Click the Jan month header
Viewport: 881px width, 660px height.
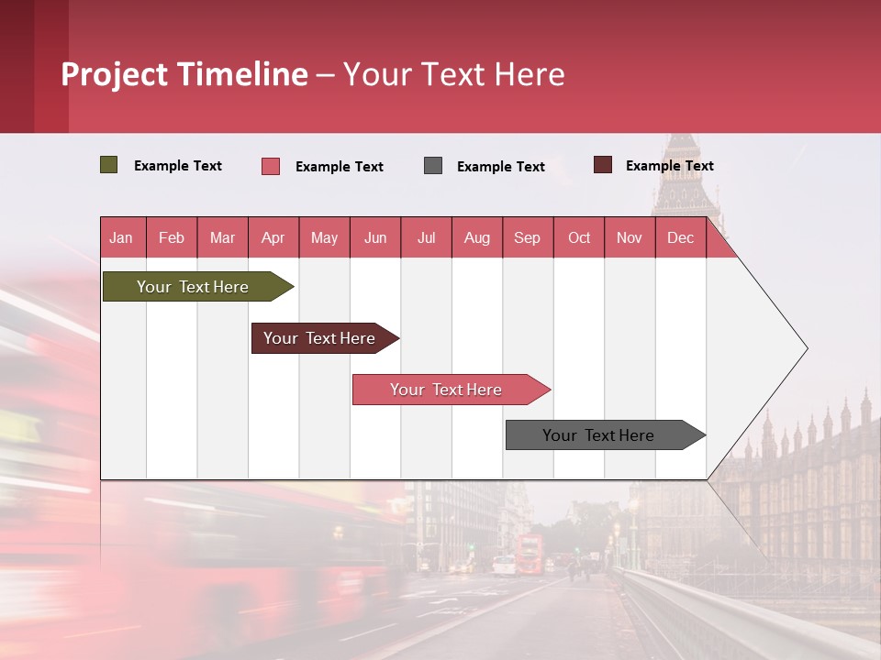tap(121, 237)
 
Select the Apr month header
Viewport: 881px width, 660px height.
tap(273, 237)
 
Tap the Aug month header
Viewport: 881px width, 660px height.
tap(477, 237)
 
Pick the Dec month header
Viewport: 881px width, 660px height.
tap(680, 237)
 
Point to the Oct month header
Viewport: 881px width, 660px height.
tap(579, 237)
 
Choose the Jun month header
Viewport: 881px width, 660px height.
tap(375, 237)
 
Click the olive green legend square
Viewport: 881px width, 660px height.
tap(109, 165)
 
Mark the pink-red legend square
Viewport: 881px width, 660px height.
tap(271, 166)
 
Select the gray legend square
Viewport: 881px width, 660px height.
tap(433, 165)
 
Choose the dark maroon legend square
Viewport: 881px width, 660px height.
tap(603, 165)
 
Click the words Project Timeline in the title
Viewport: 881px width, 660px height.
tap(184, 74)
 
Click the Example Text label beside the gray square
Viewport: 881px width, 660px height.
tap(501, 166)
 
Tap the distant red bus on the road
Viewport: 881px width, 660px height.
tap(530, 554)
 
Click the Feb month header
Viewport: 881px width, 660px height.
tap(172, 237)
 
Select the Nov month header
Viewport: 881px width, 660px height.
tap(630, 237)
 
